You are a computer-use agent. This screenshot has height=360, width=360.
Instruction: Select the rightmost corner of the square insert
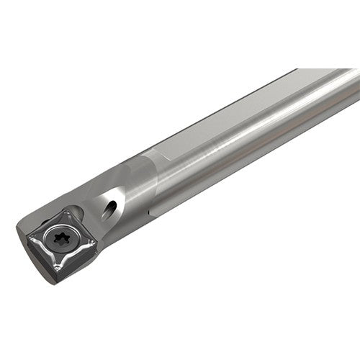(x=96, y=246)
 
